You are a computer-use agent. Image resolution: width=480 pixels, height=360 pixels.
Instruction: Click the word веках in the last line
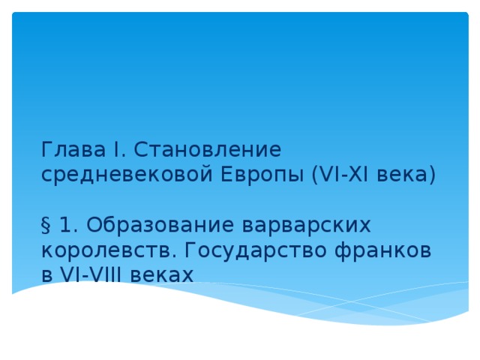click(x=161, y=274)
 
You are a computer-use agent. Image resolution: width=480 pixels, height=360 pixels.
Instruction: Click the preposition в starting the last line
click(x=47, y=275)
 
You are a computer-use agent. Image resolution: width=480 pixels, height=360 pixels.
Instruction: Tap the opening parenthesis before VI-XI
click(x=313, y=175)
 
